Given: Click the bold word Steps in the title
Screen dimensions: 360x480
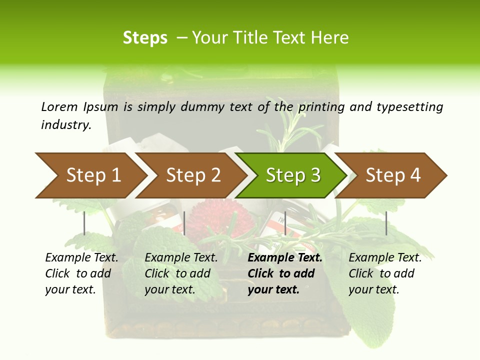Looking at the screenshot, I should coord(145,38).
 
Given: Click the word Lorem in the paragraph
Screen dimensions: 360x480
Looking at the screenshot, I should coord(59,106).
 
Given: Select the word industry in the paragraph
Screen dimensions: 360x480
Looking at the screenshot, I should coord(66,125).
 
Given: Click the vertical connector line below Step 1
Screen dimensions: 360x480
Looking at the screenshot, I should coord(84,223).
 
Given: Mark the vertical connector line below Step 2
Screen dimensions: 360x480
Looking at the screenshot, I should coord(184,223).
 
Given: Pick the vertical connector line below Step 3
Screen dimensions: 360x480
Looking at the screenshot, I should coord(285,223).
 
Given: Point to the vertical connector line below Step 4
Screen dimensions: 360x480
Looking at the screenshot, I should coord(386,223).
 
